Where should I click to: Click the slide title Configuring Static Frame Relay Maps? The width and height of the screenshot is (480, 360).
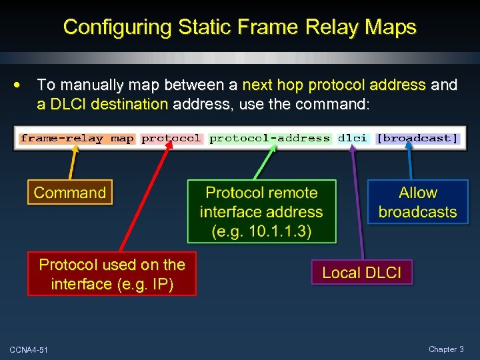click(239, 27)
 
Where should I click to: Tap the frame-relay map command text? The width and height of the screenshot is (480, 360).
click(77, 139)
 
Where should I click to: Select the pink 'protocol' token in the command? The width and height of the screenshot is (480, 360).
click(171, 139)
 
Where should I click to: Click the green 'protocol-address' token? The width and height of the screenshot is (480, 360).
click(269, 139)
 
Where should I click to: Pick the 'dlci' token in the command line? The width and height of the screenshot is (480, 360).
click(352, 139)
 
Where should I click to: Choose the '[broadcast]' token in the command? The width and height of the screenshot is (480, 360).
click(417, 139)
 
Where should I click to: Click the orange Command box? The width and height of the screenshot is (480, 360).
click(70, 193)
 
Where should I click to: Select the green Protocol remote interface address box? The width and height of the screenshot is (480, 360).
click(261, 212)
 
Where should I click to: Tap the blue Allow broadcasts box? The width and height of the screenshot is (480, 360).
click(417, 202)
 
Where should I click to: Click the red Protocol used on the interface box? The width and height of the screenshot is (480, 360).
click(112, 274)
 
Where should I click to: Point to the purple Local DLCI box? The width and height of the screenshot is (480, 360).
click(362, 272)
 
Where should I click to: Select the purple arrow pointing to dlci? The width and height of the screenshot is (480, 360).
click(357, 200)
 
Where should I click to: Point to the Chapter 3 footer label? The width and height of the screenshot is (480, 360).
click(446, 349)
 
